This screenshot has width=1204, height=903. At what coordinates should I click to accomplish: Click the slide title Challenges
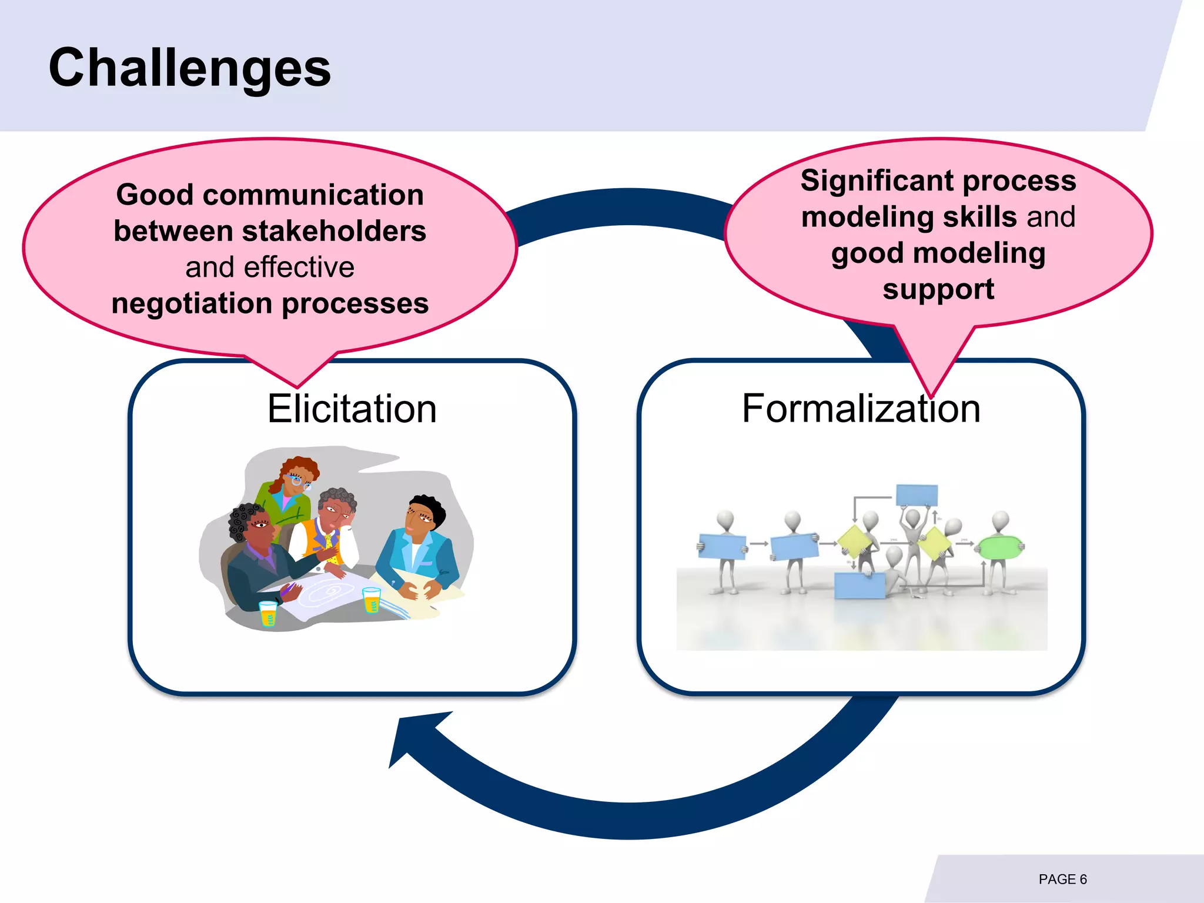189,68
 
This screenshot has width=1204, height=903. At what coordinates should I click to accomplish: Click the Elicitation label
352,409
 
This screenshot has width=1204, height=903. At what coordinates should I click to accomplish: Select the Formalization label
861,409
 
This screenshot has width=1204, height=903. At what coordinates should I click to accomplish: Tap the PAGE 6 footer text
1062,879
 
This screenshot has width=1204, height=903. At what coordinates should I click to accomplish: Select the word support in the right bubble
938,289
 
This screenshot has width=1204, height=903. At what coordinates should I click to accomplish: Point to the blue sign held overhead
917,495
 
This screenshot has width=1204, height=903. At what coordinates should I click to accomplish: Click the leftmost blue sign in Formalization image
721,547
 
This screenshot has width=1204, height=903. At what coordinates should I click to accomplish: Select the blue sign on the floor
859,586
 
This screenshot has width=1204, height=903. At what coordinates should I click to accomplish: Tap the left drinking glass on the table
268,613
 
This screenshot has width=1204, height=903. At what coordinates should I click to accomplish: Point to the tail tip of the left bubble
297,386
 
